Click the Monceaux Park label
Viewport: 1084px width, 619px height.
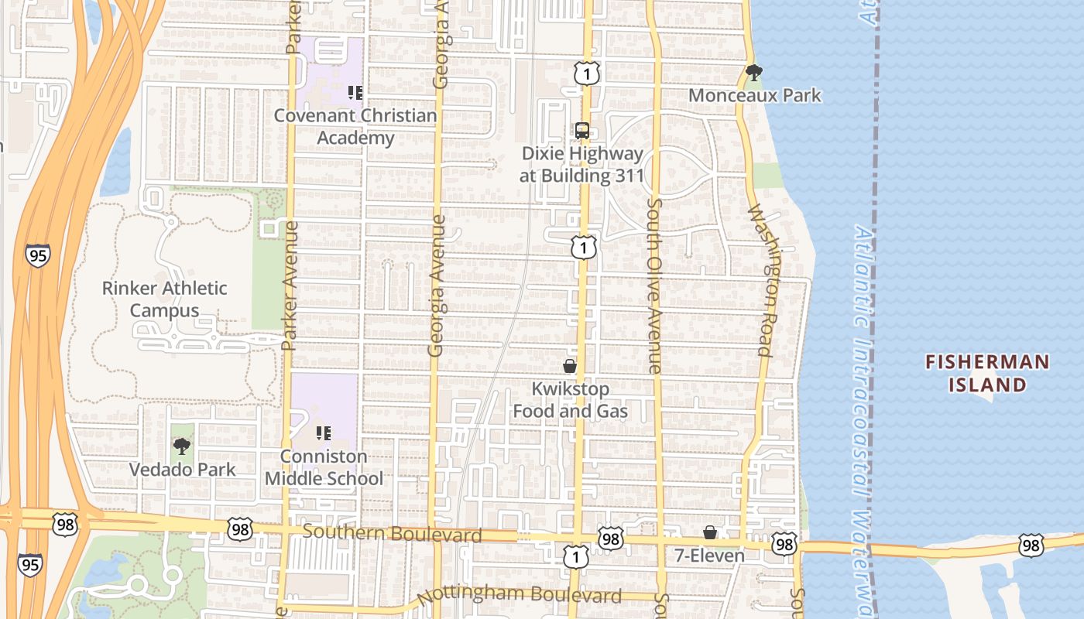(x=754, y=95)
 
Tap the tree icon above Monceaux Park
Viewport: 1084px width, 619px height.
(x=753, y=74)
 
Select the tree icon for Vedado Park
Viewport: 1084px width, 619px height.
(x=182, y=446)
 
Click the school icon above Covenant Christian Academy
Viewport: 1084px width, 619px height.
(x=355, y=94)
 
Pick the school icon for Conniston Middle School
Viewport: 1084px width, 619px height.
(x=324, y=434)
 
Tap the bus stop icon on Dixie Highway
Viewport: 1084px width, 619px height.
(x=582, y=131)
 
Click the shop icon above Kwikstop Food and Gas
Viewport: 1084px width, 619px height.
(x=570, y=366)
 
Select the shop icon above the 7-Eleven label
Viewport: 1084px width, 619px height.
(x=709, y=533)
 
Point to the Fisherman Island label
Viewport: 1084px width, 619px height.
(x=987, y=373)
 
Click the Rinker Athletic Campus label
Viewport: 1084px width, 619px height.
(x=165, y=299)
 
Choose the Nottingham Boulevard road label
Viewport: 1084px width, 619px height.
(x=519, y=596)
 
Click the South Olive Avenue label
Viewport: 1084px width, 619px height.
(x=655, y=286)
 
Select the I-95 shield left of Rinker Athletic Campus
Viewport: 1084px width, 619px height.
(x=37, y=255)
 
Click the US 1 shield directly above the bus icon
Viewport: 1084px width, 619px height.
(x=587, y=74)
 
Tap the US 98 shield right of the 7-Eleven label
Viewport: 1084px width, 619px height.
(x=784, y=545)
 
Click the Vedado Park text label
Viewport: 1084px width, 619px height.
(x=182, y=469)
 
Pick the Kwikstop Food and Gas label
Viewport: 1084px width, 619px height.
(x=571, y=400)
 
